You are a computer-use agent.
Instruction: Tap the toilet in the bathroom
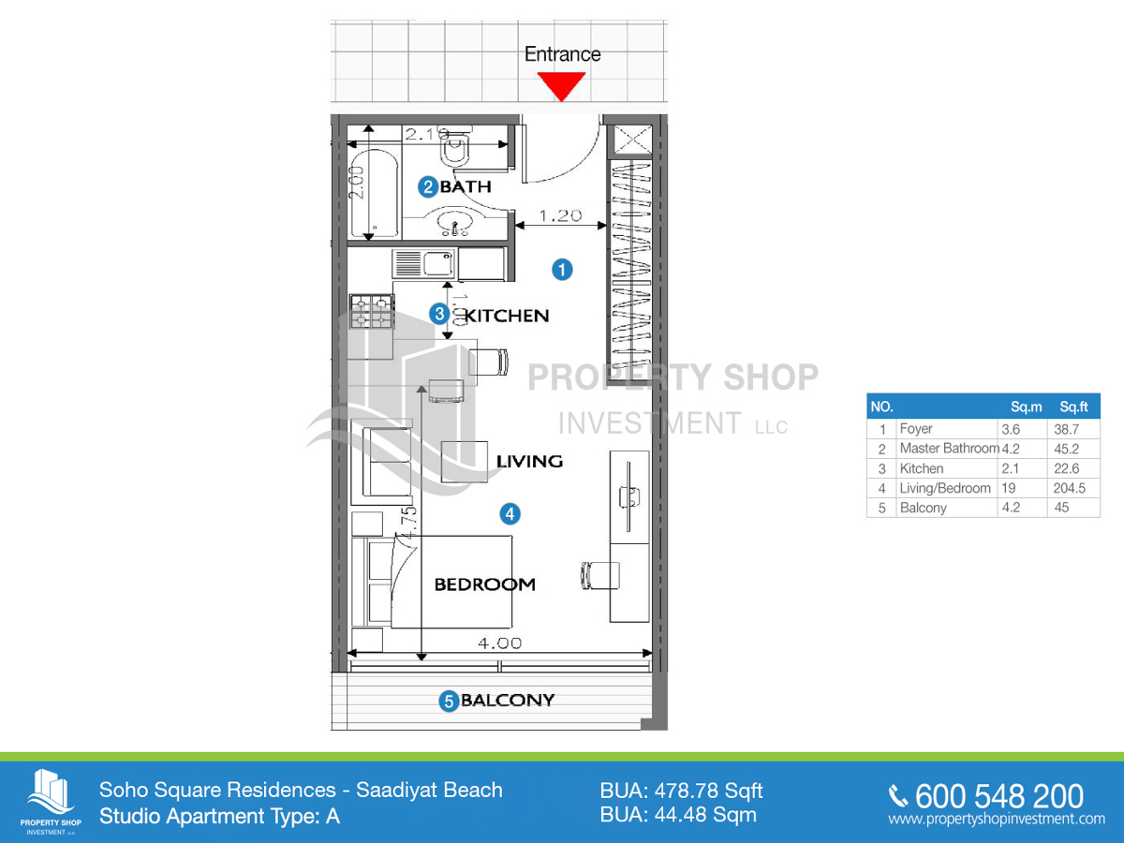460,150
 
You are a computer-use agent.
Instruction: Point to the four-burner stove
371,312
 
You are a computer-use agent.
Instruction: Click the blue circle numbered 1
561,270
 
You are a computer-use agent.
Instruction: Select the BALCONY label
508,700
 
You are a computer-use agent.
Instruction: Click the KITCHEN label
507,316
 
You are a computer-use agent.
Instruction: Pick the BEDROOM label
484,584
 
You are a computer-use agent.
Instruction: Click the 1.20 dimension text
561,215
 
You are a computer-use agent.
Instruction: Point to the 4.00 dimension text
499,643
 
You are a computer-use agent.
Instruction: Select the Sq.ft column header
1072,407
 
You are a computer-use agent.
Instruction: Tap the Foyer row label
915,429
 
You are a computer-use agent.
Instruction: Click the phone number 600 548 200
998,796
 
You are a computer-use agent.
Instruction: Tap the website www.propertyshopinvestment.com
997,819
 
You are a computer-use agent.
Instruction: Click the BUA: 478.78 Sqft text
681,791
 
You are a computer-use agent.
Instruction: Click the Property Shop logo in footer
51,800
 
